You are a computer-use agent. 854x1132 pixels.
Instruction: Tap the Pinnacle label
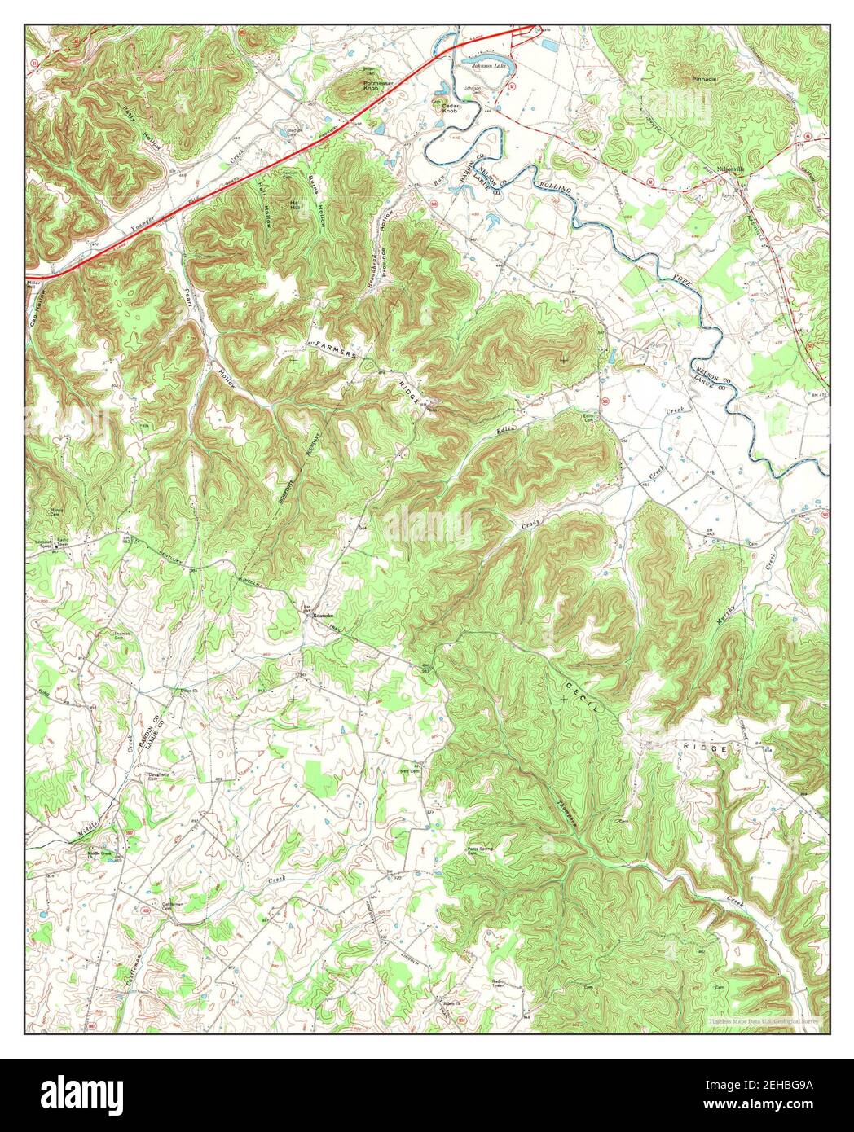pos(703,79)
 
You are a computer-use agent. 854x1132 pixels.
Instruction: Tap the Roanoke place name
pos(324,616)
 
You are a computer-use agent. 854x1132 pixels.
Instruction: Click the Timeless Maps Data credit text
pos(762,1020)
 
